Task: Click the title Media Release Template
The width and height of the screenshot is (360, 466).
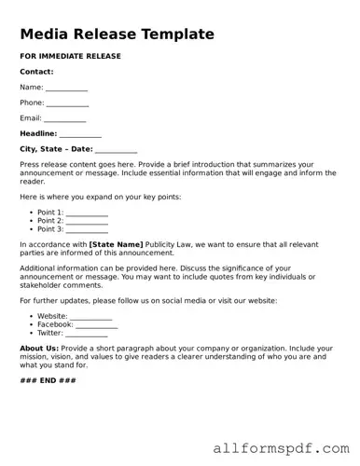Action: pyautogui.click(x=117, y=34)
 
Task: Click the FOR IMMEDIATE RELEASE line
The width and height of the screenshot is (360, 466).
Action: pyautogui.click(x=70, y=56)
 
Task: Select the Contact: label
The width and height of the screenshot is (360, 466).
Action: pyautogui.click(x=36, y=72)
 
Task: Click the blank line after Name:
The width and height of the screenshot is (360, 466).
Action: pyautogui.click(x=66, y=88)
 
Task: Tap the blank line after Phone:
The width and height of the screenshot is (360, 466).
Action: pyautogui.click(x=68, y=103)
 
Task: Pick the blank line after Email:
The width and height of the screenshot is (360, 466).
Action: pyautogui.click(x=65, y=119)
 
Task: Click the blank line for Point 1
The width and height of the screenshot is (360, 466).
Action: pyautogui.click(x=87, y=213)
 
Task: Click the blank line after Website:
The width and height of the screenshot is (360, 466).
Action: pyautogui.click(x=91, y=317)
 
